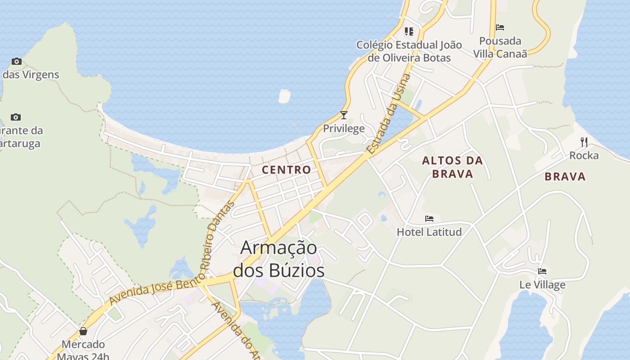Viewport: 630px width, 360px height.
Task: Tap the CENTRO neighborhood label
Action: tap(286, 170)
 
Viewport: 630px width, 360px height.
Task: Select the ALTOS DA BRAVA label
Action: tap(452, 167)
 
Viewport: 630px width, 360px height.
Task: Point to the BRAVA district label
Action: tap(565, 176)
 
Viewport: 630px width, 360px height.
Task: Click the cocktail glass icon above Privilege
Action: tap(344, 115)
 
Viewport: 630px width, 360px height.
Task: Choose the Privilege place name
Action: tap(344, 129)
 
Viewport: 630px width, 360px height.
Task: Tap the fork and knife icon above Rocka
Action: tap(584, 142)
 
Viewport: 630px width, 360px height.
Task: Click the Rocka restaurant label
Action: tap(584, 156)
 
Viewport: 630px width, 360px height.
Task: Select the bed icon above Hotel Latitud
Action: tap(429, 219)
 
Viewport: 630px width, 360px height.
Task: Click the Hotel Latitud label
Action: tap(429, 232)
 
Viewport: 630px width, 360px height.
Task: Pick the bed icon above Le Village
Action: tap(542, 271)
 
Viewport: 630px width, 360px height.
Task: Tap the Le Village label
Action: tap(542, 285)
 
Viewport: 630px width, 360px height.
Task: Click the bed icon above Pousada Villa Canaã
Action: tap(500, 27)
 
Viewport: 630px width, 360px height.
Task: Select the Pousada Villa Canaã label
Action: tap(500, 47)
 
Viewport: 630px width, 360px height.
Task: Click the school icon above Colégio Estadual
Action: tap(409, 31)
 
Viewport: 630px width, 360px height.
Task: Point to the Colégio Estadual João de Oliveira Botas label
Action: tap(409, 51)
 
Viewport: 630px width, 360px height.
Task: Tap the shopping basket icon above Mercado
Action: tap(83, 332)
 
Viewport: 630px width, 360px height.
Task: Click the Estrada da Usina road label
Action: tap(389, 114)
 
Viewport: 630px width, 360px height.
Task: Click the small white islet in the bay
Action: tap(284, 96)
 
